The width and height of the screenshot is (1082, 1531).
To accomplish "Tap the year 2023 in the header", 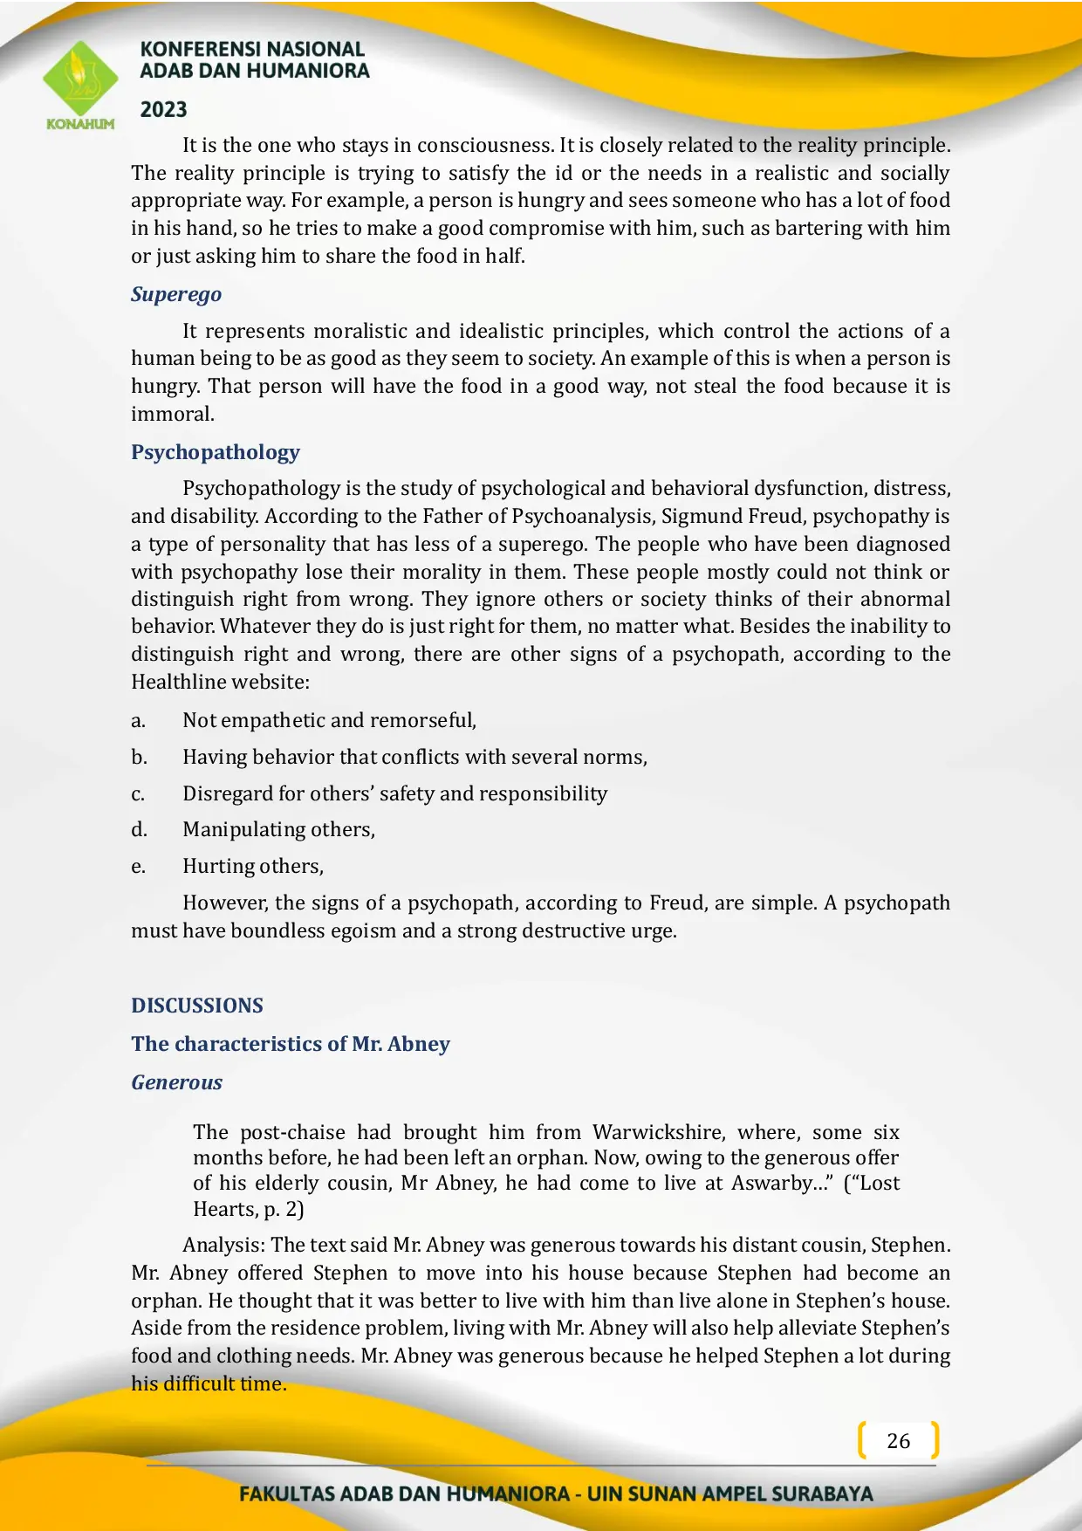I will tap(164, 110).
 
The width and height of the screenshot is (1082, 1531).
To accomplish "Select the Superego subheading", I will tap(176, 294).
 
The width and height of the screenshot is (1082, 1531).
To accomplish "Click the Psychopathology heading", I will tap(216, 452).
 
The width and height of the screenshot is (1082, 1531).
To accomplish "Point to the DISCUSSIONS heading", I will tap(197, 1006).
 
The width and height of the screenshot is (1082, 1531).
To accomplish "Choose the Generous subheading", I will tap(177, 1082).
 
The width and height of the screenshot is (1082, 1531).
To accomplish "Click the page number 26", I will tap(898, 1440).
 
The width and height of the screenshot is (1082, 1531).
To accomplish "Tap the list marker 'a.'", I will tap(138, 721).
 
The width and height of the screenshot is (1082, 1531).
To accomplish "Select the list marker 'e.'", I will tap(138, 867).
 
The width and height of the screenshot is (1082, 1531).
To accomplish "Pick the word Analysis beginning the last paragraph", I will tap(223, 1246).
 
